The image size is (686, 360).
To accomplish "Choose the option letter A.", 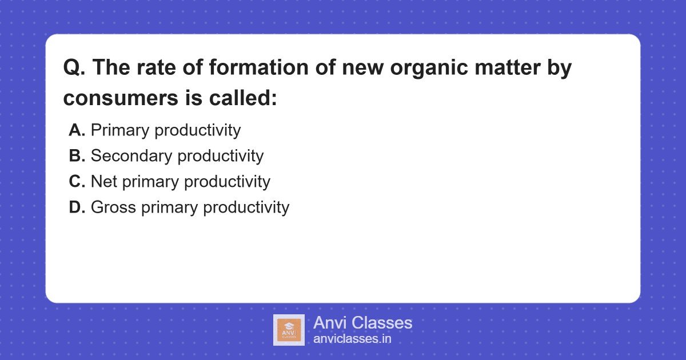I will coord(77,130).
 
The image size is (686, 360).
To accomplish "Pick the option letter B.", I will coord(77,156).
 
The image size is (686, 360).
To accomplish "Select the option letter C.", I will coord(77,182).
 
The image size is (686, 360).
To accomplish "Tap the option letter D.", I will coord(77,207).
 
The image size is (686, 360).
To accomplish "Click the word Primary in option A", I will coord(120,130).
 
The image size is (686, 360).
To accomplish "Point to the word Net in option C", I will coord(103,182).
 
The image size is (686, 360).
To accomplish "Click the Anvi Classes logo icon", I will coord(289,330).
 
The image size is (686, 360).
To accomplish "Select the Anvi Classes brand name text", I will coord(362,323).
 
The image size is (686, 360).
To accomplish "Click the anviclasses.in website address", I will coord(352,339).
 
